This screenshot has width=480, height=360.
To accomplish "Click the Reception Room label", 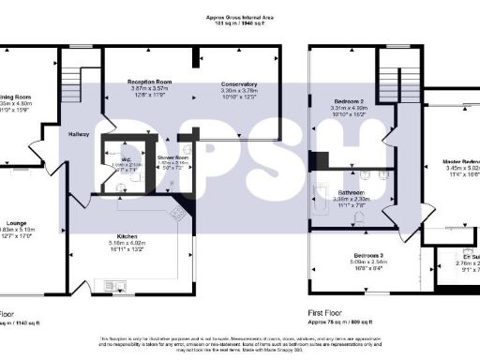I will (148, 82).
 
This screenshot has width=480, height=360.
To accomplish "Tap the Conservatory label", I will (239, 83).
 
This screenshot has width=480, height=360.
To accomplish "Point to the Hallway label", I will (79, 134).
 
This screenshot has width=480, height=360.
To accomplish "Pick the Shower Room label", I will (173, 157).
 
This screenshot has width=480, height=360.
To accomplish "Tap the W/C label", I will (119, 157).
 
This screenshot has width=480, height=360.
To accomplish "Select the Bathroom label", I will (352, 193).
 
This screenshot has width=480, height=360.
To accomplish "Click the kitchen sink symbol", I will (117, 283).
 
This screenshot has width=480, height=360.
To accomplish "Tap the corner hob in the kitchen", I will (177, 214).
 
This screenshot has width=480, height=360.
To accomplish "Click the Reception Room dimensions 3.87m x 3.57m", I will (148, 89).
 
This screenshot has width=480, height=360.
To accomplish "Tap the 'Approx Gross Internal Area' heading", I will (239, 17).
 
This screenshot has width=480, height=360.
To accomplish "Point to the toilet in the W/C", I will (120, 187).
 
